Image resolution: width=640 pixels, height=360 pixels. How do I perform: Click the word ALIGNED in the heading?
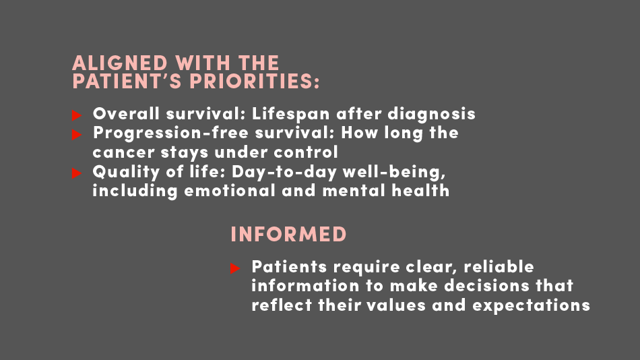(x=120, y=63)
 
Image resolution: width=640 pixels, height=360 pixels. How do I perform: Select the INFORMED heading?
(x=288, y=235)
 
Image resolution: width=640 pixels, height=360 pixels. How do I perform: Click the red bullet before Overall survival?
(x=77, y=115)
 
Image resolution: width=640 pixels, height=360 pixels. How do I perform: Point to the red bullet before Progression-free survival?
(x=77, y=134)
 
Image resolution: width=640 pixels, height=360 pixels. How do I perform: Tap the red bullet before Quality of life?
(x=77, y=173)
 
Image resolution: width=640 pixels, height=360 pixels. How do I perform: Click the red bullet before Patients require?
(x=235, y=268)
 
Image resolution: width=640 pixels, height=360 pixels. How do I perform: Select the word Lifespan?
(x=290, y=114)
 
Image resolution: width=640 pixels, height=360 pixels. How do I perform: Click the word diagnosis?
(x=431, y=114)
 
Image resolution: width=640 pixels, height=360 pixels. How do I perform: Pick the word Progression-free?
(x=170, y=133)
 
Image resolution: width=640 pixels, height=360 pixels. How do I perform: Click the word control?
(x=306, y=152)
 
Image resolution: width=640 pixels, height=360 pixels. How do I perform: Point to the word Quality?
(x=126, y=172)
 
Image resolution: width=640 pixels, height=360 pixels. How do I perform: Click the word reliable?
(x=499, y=267)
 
